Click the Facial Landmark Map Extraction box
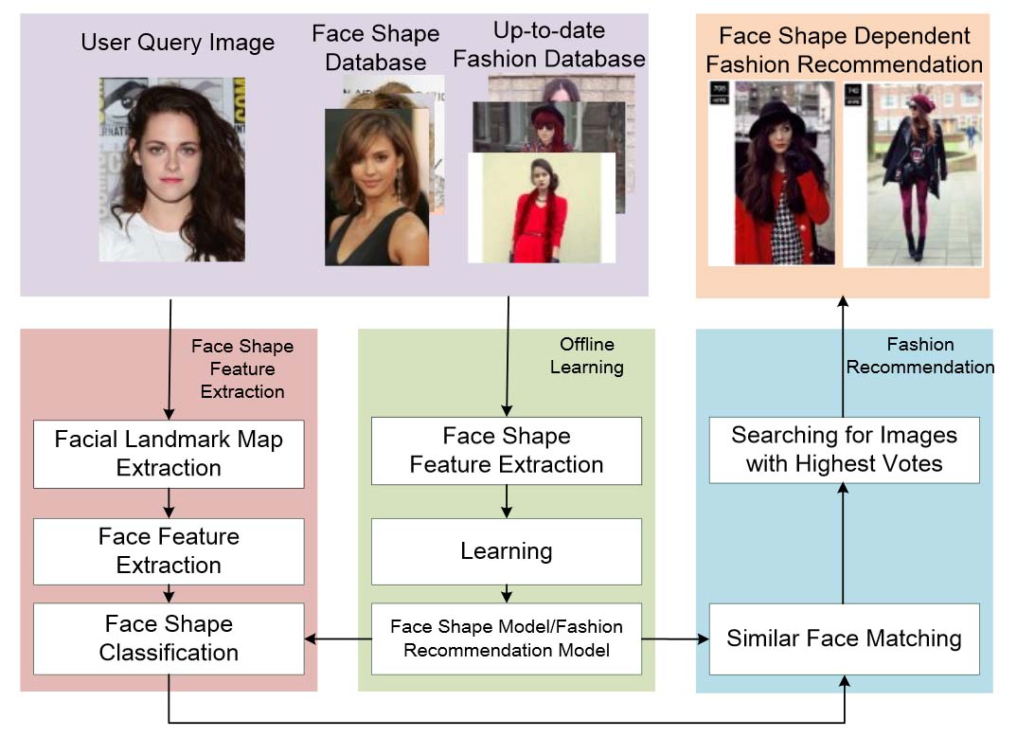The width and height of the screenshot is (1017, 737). (x=169, y=454)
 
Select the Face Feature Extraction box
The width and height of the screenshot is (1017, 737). (x=169, y=551)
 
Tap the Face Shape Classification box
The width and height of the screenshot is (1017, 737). (x=169, y=638)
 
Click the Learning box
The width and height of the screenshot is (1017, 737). (x=507, y=551)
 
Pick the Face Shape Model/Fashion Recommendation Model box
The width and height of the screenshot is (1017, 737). (x=507, y=638)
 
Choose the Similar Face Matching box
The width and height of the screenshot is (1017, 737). (x=844, y=638)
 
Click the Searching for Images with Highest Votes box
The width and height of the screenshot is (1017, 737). (x=844, y=449)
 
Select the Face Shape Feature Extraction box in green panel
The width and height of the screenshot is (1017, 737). (x=507, y=451)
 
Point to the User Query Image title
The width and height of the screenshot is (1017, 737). (x=177, y=43)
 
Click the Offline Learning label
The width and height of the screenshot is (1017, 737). (x=586, y=355)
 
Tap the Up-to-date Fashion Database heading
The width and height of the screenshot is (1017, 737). (x=549, y=45)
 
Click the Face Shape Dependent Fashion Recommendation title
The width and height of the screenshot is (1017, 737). (x=844, y=50)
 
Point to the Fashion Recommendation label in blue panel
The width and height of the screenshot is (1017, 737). (x=919, y=355)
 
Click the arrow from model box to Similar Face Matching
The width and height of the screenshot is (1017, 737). (x=675, y=639)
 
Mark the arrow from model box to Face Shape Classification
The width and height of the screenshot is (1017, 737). (x=338, y=639)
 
